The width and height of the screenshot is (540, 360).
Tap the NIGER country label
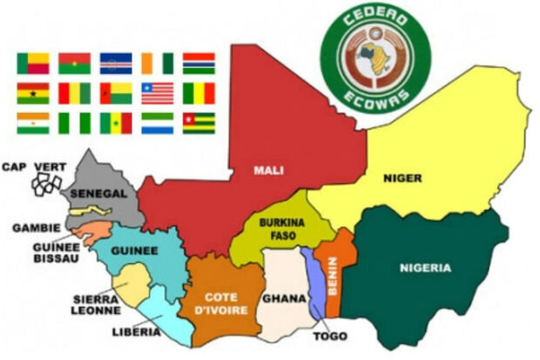coord(402,178)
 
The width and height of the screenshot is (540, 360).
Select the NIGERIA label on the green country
coord(425,267)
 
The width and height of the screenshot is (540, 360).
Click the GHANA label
coord(284,298)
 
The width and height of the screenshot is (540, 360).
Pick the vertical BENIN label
coord(332,274)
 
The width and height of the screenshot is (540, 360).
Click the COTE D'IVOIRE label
coord(222,302)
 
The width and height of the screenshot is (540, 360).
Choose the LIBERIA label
coord(136,331)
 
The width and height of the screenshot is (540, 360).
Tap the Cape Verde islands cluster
coord(45,182)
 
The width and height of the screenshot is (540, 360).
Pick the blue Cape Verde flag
coord(116,63)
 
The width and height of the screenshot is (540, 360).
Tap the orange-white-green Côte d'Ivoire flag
coord(158,63)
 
